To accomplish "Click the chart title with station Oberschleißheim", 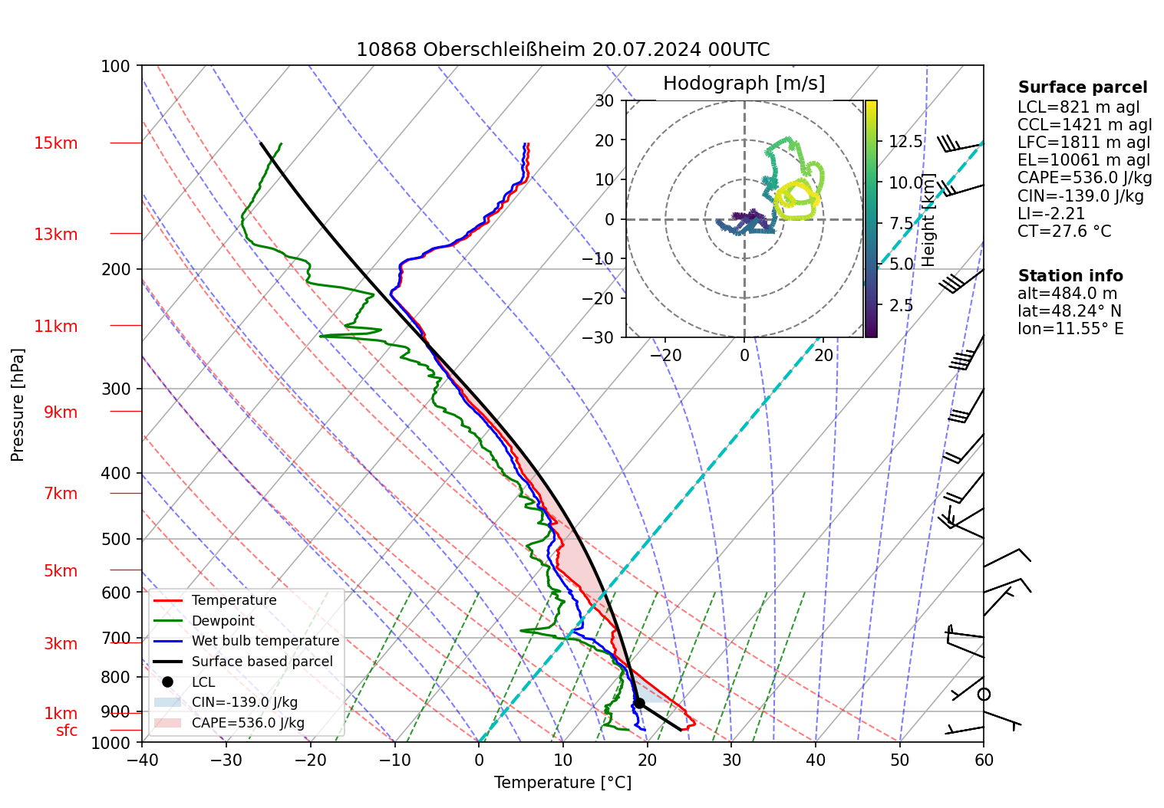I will [562, 50].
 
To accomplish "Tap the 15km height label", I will [56, 143].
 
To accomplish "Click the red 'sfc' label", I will [67, 731].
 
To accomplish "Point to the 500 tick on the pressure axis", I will [116, 539].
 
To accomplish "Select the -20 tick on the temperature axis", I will [310, 760].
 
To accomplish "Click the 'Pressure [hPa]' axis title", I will [18, 405].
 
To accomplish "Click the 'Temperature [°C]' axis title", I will [562, 783].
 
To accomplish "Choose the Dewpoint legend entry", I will [223, 621].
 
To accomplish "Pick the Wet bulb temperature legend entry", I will [265, 641].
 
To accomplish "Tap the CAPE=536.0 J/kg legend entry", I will [248, 723].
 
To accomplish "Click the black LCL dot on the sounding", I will [639, 703].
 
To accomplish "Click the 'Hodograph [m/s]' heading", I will [744, 84].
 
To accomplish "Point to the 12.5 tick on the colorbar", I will [905, 142].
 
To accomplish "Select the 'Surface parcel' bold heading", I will [1083, 87].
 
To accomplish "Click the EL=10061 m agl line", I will [1083, 160].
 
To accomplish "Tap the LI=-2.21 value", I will [1051, 214].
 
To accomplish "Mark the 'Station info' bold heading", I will [1070, 276].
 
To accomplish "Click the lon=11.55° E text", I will [1070, 329].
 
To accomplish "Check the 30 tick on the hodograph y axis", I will [605, 100].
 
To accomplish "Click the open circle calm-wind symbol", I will [984, 695].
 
